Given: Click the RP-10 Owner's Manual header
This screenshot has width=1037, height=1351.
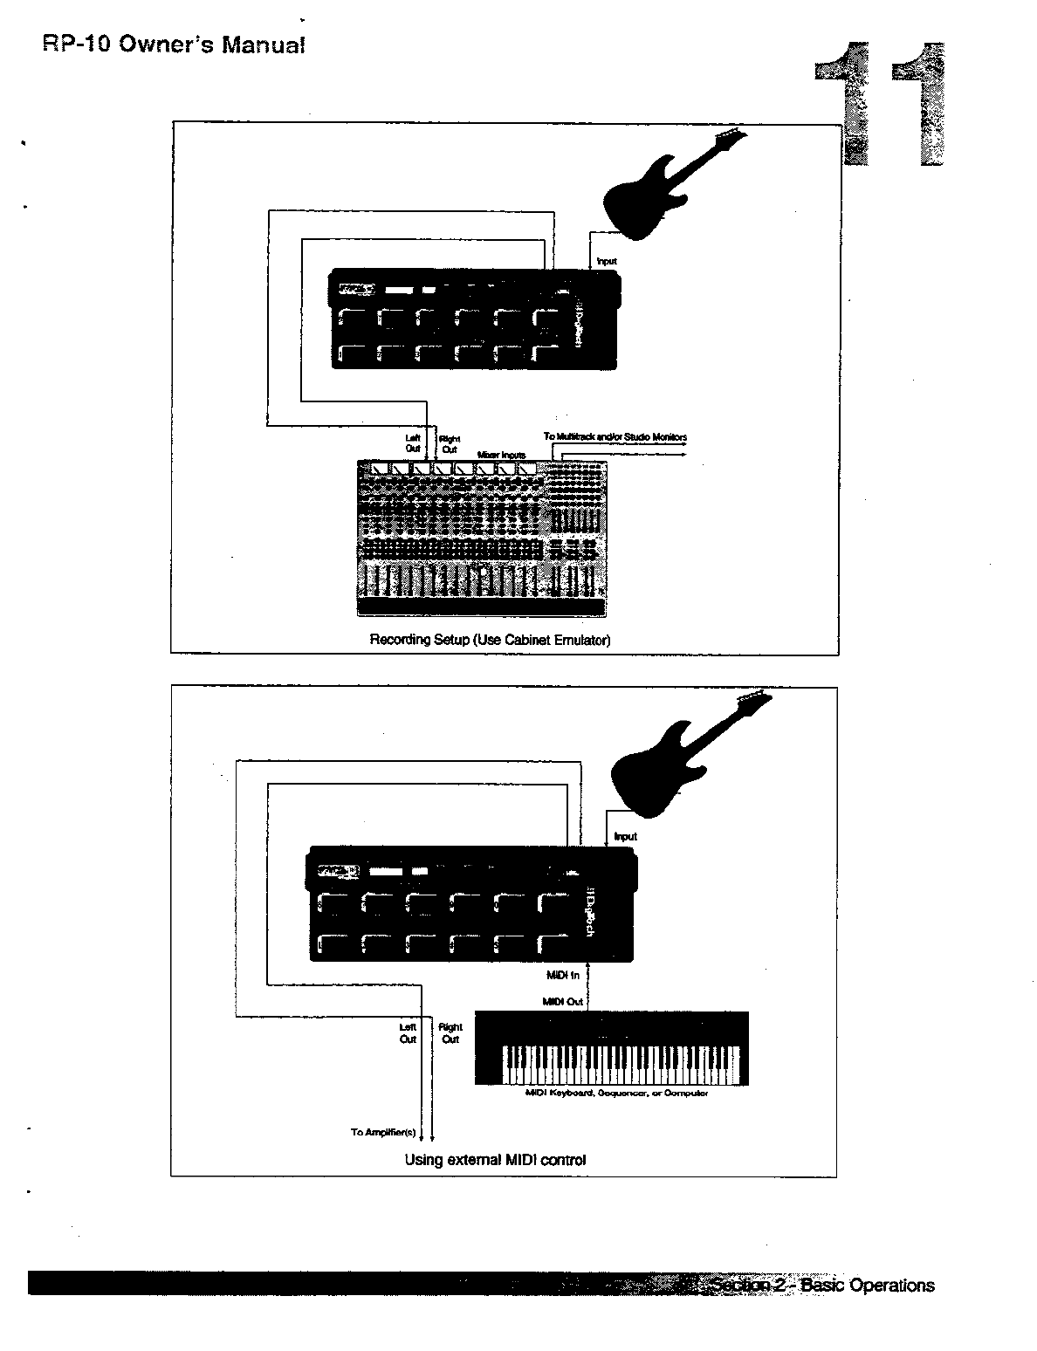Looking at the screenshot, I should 174,45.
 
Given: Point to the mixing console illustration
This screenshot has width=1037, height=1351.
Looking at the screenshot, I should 480,534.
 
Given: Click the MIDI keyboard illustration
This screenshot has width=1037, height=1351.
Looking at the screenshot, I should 611,1047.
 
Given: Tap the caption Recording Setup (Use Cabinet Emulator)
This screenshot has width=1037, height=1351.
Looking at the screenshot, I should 490,640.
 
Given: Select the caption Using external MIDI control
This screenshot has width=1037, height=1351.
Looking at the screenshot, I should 495,1160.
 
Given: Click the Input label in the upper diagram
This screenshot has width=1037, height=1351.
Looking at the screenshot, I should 606,261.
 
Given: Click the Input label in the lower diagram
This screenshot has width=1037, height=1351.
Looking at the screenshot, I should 625,836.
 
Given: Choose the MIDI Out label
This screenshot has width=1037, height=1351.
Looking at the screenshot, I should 562,1002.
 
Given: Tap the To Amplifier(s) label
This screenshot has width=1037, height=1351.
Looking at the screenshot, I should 383,1132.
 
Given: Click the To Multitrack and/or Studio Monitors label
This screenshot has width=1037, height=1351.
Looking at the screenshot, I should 615,437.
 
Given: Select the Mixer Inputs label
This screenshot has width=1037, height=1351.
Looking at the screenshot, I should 501,455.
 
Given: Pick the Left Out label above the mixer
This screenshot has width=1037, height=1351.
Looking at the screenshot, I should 413,443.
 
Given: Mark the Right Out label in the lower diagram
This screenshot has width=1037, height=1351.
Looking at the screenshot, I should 450,1033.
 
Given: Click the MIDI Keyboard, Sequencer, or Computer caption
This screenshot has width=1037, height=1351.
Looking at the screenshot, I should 615,1093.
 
